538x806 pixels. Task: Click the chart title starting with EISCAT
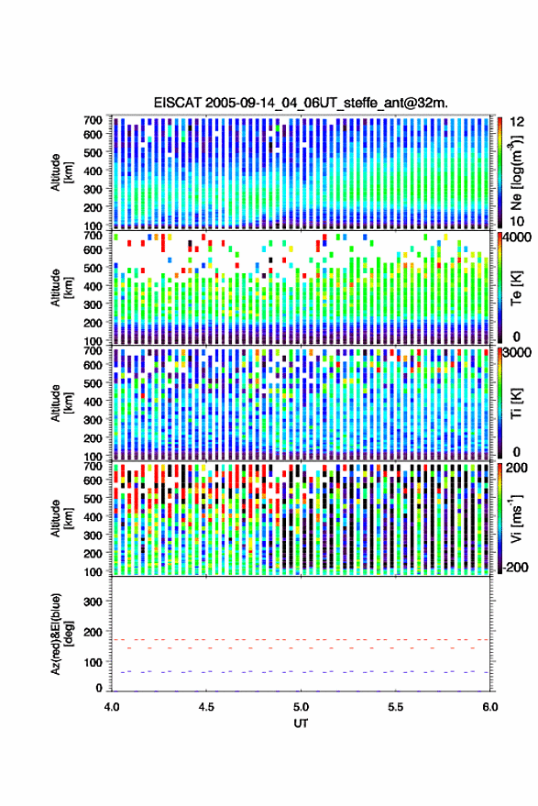coord(301,103)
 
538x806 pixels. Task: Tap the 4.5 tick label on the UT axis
coord(206,707)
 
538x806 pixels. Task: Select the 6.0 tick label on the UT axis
coord(489,707)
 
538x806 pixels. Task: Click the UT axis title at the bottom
coord(301,723)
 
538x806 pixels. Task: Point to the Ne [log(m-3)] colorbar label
coord(516,172)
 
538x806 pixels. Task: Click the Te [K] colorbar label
coord(516,288)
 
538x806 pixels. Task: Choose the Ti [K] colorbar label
coord(516,403)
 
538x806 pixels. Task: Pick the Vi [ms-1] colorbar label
coord(516,518)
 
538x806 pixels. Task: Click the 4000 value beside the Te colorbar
coord(516,237)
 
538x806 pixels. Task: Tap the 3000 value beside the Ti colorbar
coord(516,353)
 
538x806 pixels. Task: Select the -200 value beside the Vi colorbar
coord(514,568)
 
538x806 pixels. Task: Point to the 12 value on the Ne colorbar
coord(517,122)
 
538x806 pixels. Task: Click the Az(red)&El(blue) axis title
coord(61,634)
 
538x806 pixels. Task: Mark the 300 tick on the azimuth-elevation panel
coord(93,602)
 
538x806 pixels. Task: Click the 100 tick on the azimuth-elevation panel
coord(93,662)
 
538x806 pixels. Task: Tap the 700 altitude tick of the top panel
coord(93,120)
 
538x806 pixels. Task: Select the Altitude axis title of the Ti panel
coord(61,403)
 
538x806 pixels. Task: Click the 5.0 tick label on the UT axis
coord(301,707)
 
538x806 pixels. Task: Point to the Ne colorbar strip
coord(500,172)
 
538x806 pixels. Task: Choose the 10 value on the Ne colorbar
coord(517,222)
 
